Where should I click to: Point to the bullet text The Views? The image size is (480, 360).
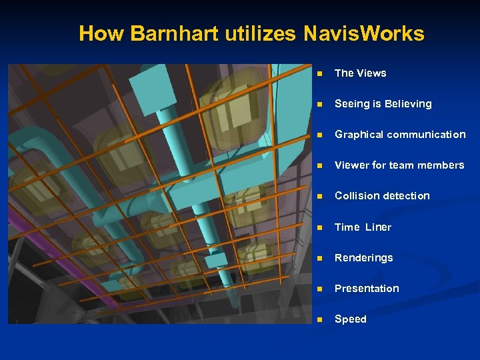tap(360, 73)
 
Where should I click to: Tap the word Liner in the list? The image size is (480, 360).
tap(378, 227)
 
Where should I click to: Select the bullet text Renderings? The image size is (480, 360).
tap(363, 258)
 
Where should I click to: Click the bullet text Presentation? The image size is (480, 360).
tap(367, 289)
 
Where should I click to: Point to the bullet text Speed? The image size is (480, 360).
tap(351, 319)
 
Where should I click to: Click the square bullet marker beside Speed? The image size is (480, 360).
tap(321, 320)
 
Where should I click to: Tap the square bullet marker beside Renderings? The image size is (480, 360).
tap(321, 259)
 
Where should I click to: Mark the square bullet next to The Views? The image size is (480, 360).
tap(321, 74)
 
